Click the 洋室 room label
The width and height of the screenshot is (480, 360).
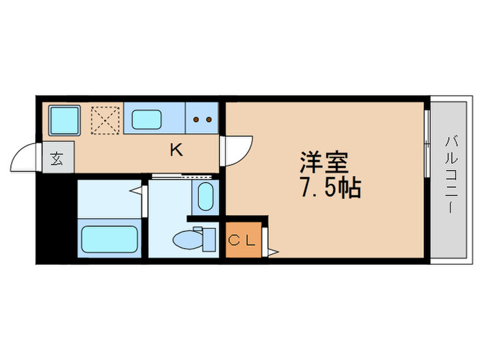point(323,163)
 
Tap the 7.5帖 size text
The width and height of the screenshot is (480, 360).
point(328,189)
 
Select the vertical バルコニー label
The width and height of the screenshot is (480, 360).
point(451,175)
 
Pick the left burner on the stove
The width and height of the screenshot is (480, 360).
point(196,119)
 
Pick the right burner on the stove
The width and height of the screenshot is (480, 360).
point(207,119)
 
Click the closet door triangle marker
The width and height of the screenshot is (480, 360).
point(272,252)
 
